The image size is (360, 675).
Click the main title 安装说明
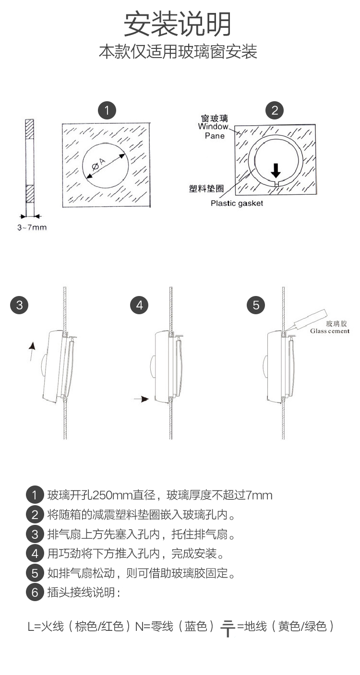178,24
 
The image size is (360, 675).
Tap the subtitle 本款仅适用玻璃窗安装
178,51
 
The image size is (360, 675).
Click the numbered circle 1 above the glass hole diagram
107,110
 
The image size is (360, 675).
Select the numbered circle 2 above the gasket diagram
275,110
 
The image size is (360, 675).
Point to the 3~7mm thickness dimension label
32,227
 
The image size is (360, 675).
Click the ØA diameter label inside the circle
98,164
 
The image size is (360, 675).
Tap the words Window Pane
214,131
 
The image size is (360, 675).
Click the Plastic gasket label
237,203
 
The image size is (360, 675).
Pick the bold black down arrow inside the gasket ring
276,171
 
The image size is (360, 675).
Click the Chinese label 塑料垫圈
206,189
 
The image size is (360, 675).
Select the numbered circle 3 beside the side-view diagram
19,305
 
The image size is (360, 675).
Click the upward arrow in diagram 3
32,351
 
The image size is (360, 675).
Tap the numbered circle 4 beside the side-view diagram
139,305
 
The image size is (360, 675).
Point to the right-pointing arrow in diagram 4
142,399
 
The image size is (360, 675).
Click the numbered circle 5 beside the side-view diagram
256,305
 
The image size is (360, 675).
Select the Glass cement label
330,331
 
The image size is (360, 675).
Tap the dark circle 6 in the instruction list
35,592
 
